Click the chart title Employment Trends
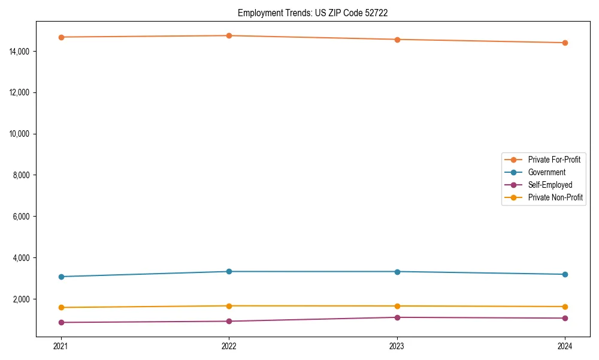coord(313,13)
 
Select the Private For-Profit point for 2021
coord(61,37)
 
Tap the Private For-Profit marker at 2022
coord(229,35)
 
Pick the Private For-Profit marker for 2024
coord(565,43)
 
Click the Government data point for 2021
coord(61,277)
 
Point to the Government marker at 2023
coord(397,272)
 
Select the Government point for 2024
coord(565,274)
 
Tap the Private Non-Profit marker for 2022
coord(229,306)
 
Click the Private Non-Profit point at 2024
coord(565,307)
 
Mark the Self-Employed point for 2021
coord(61,322)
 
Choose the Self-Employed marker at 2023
coord(397,317)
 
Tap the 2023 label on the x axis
coord(397,346)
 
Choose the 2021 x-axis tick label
coord(61,346)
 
